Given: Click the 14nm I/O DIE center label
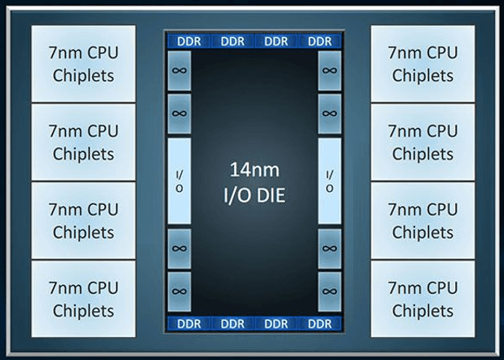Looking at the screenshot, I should coord(253,183).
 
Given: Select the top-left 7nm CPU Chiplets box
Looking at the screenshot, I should coord(83,64).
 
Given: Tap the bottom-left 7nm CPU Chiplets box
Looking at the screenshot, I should coord(83,299).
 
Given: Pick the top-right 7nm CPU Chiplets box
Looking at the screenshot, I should coord(422,64).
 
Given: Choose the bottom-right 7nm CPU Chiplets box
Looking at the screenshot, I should coord(422,299).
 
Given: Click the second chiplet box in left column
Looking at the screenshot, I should coord(83,142).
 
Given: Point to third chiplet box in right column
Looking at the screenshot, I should coord(422,220).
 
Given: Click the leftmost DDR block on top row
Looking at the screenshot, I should coord(188,41).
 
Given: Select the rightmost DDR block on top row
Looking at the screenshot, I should coord(321,41).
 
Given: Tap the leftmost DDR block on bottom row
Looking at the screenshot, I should coord(188,324).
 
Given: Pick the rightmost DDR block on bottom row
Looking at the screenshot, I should coord(321,324).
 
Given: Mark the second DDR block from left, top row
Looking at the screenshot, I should coord(232,41).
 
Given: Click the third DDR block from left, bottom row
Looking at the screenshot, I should coord(276,324).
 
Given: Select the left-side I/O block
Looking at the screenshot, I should coord(179,181).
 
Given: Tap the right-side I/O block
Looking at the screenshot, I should coord(329,181).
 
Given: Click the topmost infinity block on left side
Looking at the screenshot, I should coord(179,71).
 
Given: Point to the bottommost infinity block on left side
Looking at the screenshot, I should coord(179,291).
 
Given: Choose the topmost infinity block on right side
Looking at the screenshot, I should coord(329,71).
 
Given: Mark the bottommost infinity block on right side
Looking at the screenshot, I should coord(329,291).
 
